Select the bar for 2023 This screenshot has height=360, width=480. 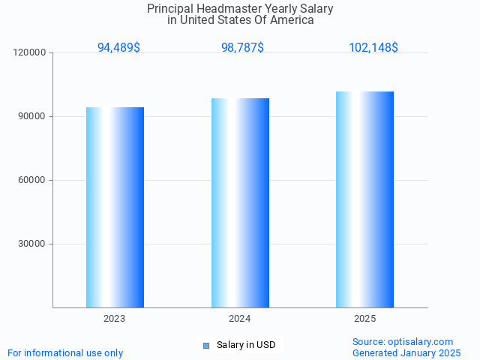point(115,207)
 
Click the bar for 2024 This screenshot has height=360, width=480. point(240,202)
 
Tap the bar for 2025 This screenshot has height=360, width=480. point(364,199)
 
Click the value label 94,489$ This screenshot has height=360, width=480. point(118,48)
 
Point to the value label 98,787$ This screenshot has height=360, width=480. point(242,48)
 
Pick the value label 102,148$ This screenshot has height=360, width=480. point(373,48)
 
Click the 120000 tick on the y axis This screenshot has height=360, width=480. point(31,53)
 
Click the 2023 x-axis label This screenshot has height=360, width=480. point(115,319)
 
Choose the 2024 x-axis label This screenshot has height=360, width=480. point(240,319)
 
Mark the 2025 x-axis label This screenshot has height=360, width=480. point(364,319)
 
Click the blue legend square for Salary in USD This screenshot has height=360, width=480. point(206,346)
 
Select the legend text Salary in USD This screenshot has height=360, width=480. point(246,345)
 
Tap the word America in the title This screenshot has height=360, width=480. point(292,20)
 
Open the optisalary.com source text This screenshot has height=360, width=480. point(403,342)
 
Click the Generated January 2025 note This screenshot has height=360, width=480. point(406,353)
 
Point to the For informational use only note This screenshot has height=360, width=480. point(65,353)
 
